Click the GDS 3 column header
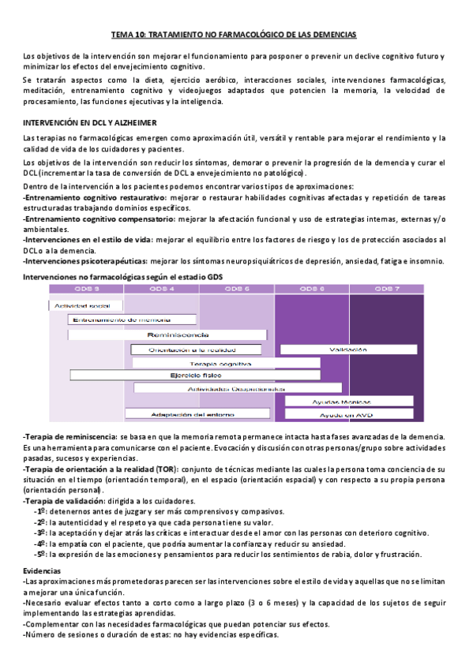[86, 289]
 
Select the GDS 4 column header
[161, 289]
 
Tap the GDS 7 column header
[386, 289]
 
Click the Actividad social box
[86, 305]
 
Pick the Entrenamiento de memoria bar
[110, 320]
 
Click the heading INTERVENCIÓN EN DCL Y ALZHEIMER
[90, 123]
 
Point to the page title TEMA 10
[232, 36]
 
